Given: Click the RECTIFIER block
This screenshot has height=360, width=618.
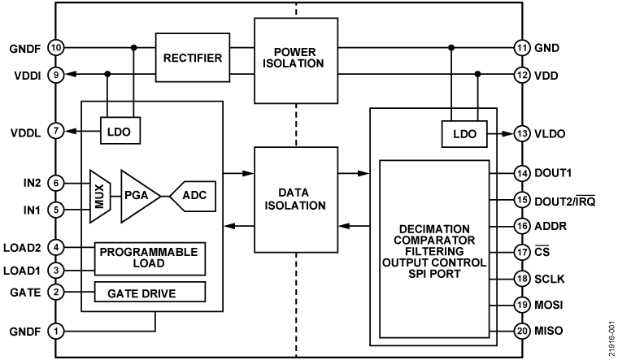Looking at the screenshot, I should pyautogui.click(x=193, y=58).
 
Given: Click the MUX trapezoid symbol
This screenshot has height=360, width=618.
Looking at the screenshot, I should pyautogui.click(x=98, y=196).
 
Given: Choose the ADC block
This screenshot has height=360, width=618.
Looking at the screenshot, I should pyautogui.click(x=194, y=196).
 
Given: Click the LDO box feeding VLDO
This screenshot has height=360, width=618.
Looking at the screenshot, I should pyautogui.click(x=460, y=133).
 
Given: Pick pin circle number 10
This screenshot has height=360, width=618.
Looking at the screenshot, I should pyautogui.click(x=56, y=48).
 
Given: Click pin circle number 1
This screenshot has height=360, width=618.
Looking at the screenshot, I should pyautogui.click(x=56, y=331).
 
